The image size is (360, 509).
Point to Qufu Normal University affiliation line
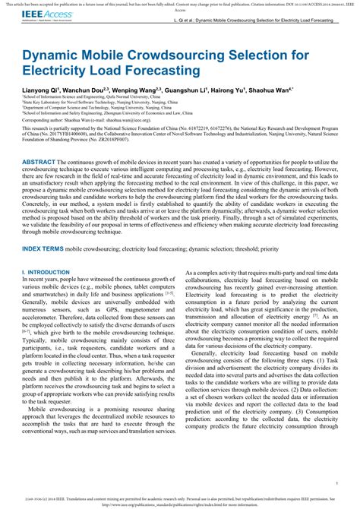click(91, 97)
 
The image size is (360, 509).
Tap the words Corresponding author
click(42, 120)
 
